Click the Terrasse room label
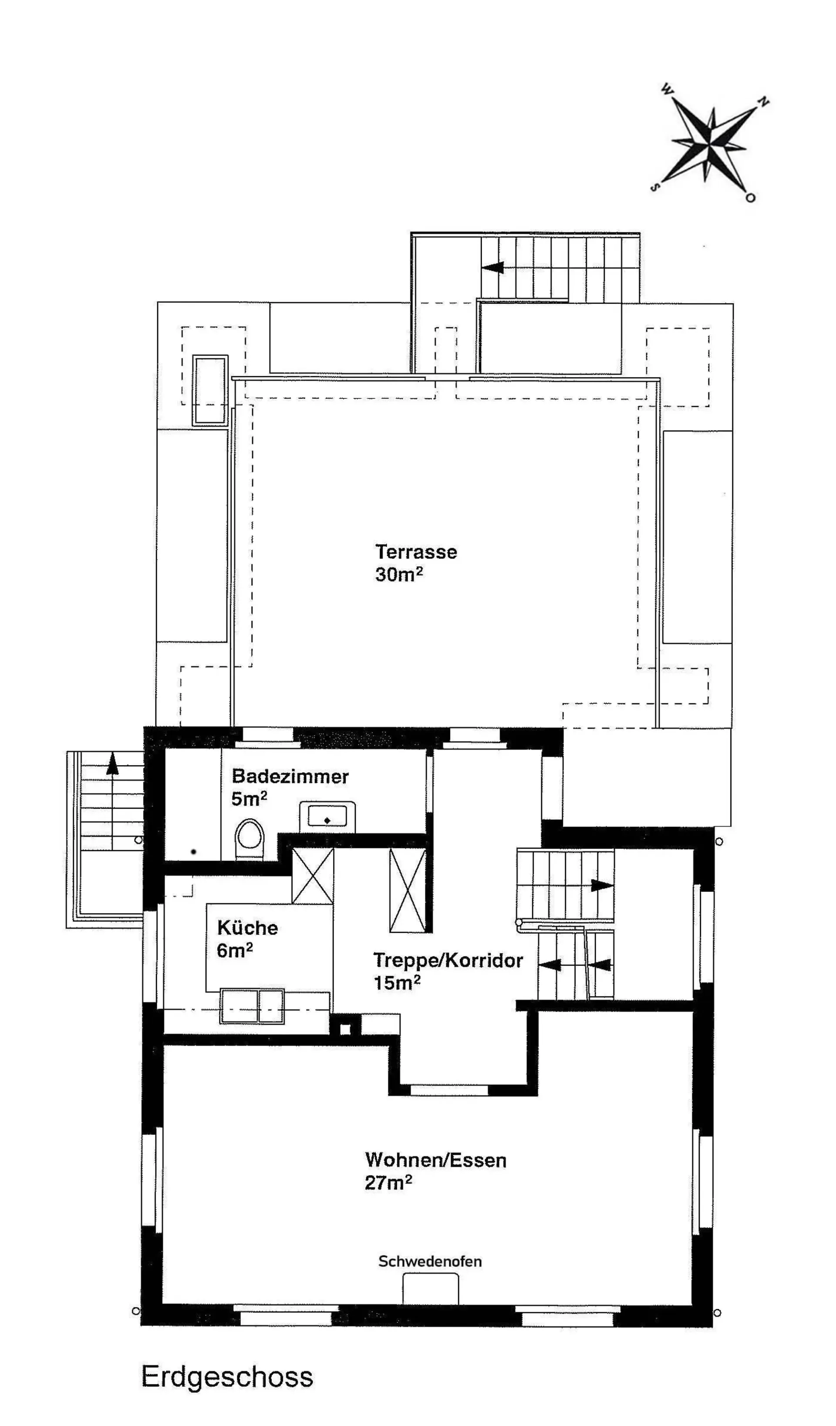tap(416, 552)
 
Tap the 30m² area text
tap(399, 575)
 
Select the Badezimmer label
tap(290, 777)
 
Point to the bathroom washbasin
tap(327, 817)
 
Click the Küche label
tap(247, 928)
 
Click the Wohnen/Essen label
tap(436, 1158)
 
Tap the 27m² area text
tap(388, 1180)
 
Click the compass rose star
tap(710, 143)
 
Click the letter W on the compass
tap(667, 89)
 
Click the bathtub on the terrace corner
tap(210, 390)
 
